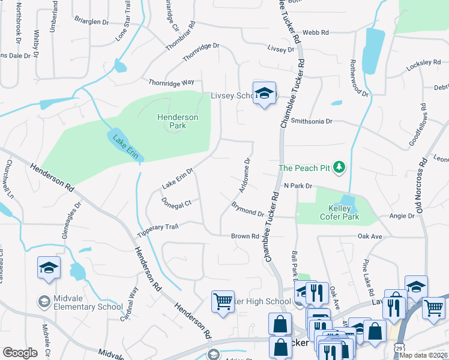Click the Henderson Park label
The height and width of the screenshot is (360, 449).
coord(178,121)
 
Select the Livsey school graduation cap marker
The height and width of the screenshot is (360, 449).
coord(264,94)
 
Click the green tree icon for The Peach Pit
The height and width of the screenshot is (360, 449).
coord(339,167)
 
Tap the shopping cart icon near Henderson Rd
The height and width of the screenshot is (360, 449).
coord(223,301)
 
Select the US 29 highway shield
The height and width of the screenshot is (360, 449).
coord(399,347)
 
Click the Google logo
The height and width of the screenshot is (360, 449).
coord(20,353)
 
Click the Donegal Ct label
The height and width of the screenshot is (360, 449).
coord(176,203)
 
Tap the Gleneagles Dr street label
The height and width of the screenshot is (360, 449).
coord(71,218)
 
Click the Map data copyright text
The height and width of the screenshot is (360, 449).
coord(423,355)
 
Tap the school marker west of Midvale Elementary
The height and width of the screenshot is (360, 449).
coord(49,268)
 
